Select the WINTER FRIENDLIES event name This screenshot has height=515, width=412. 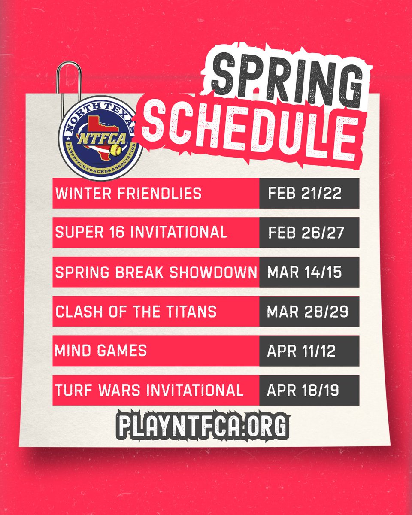click(x=128, y=193)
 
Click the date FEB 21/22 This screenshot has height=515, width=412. click(x=305, y=193)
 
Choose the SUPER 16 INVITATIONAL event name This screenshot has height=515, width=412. click(x=141, y=232)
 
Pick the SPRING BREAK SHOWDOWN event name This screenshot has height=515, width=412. click(x=156, y=272)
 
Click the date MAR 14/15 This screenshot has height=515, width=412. click(x=304, y=272)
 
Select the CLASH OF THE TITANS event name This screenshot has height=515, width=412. click(x=136, y=312)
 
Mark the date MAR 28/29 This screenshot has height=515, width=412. click(x=307, y=312)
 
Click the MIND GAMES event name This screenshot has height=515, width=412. click(x=101, y=351)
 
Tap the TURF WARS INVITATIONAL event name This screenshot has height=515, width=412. click(x=149, y=390)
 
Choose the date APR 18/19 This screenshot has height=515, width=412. click(x=303, y=391)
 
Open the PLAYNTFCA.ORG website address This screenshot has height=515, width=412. click(x=202, y=425)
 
